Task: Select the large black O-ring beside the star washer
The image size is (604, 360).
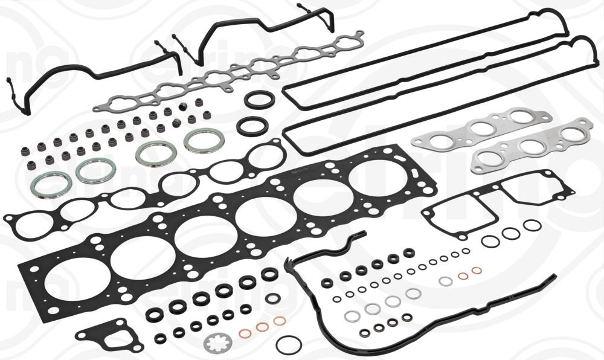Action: coord(288,345)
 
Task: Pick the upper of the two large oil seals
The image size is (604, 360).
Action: coord(259,100)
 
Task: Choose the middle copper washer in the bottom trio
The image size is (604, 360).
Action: coord(263,327)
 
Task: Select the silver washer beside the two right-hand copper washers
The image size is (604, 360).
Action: coord(445,281)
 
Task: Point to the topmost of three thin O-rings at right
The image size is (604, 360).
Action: coord(532,225)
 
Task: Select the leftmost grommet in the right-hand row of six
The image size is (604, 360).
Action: coord(327,282)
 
